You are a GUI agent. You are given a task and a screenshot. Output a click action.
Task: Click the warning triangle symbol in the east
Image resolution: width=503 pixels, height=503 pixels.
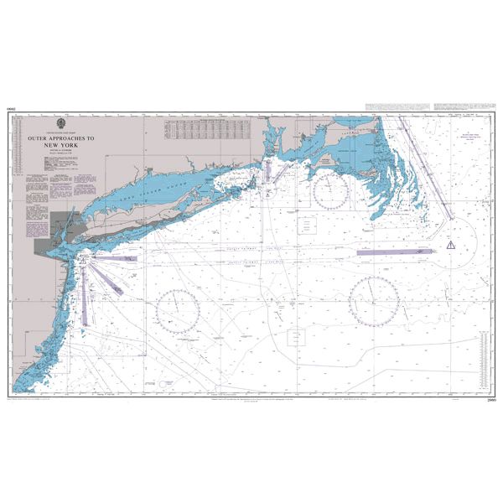(x=451, y=245)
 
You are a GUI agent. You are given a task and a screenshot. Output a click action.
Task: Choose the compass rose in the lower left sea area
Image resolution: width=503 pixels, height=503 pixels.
(x=178, y=311)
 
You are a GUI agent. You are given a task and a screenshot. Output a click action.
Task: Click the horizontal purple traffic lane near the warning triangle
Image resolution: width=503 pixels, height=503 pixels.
(x=393, y=251)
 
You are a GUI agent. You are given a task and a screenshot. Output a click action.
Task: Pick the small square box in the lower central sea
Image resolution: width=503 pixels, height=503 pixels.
(x=297, y=337)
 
